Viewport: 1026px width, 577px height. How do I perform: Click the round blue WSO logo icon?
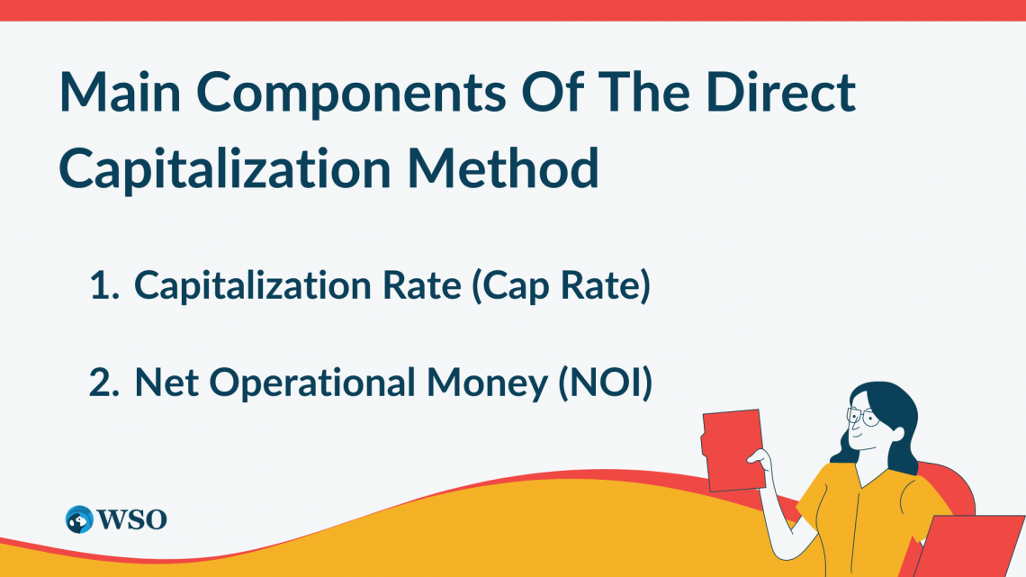tap(79, 519)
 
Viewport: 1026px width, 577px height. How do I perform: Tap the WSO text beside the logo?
tap(130, 519)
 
